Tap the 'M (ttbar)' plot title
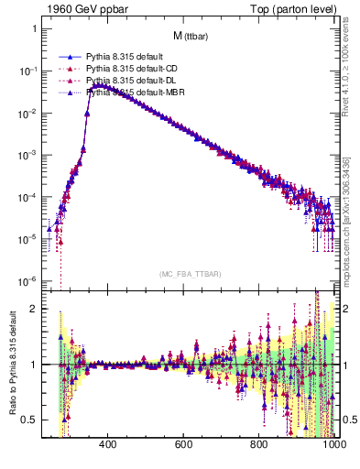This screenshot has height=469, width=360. click(191, 36)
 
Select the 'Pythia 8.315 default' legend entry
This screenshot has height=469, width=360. click(122, 57)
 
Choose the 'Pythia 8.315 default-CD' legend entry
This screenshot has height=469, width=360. click(129, 69)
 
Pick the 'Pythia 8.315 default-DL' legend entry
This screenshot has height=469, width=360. click(129, 81)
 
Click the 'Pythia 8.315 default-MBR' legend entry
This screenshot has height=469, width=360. click(131, 93)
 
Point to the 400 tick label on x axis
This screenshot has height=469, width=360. click(106, 445)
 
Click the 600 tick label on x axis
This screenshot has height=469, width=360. click(182, 445)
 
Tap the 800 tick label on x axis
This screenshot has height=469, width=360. click(259, 445)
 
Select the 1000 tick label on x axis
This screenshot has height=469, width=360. click(332, 445)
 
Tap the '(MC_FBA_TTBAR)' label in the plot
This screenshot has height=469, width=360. click(190, 274)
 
